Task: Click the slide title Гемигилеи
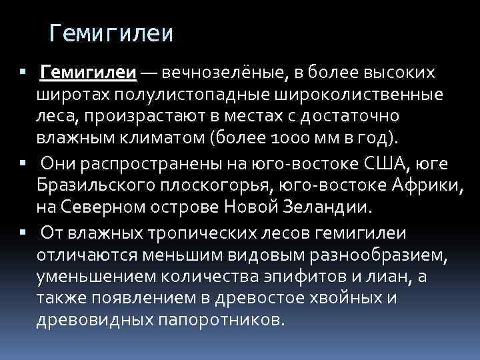(x=111, y=33)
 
